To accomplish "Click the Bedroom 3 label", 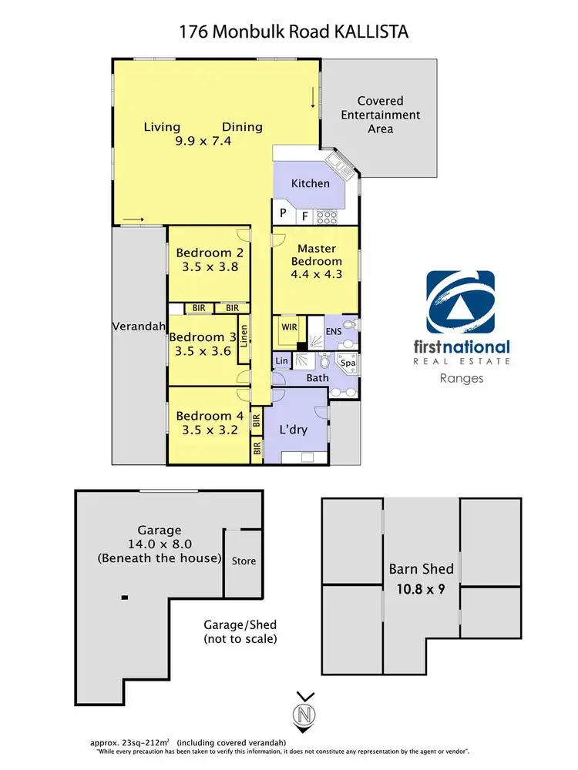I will point(203,336).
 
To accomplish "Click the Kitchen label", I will point(310,183).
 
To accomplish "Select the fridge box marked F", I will point(305,216).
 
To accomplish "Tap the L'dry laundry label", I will point(293,429).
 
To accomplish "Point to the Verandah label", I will point(139,326).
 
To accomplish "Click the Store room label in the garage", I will point(244,561).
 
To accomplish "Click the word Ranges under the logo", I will point(460,378).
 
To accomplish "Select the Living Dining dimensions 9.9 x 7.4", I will point(203,142).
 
